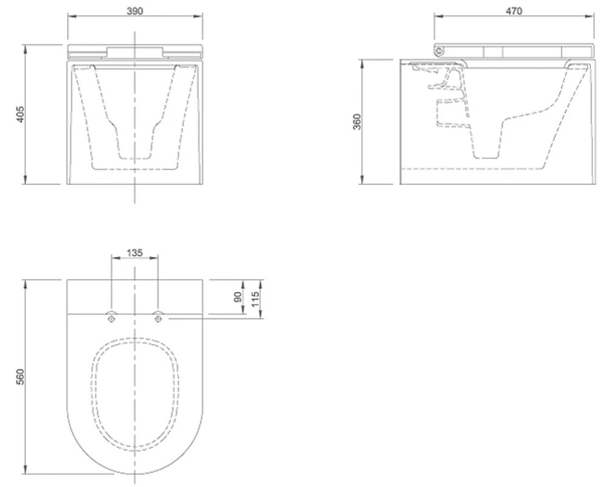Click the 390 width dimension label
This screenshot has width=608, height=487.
pyautogui.click(x=134, y=11)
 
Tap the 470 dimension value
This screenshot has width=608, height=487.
pyautogui.click(x=514, y=11)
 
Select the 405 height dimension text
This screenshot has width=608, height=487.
pyautogui.click(x=20, y=114)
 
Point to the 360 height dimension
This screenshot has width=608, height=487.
pyautogui.click(x=357, y=122)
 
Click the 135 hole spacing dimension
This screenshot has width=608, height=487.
pyautogui.click(x=134, y=253)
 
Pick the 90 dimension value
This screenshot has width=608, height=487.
pyautogui.click(x=238, y=297)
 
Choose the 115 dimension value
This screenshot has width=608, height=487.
pyautogui.click(x=255, y=300)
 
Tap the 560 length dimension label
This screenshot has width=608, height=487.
pyautogui.click(x=20, y=377)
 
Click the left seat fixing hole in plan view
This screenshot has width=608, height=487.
pyautogui.click(x=112, y=318)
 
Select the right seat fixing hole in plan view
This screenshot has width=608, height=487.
pyautogui.click(x=158, y=318)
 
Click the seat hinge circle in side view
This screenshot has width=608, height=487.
pyautogui.click(x=439, y=51)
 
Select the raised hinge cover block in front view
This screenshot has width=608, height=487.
pyautogui.click(x=135, y=52)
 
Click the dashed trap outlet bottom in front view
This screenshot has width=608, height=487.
pyautogui.click(x=134, y=158)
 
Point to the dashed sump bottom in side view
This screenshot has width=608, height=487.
pyautogui.click(x=486, y=158)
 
